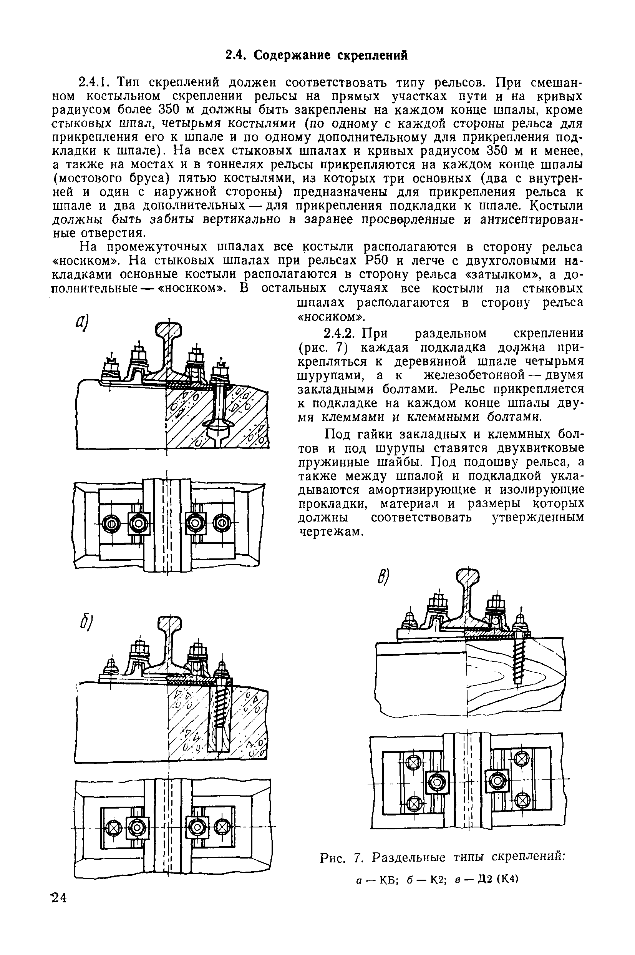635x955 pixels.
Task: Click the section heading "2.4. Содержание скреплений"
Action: pyautogui.click(x=316, y=55)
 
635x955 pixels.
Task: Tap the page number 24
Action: pyautogui.click(x=59, y=898)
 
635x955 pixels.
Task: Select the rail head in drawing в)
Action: pyautogui.click(x=468, y=577)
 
